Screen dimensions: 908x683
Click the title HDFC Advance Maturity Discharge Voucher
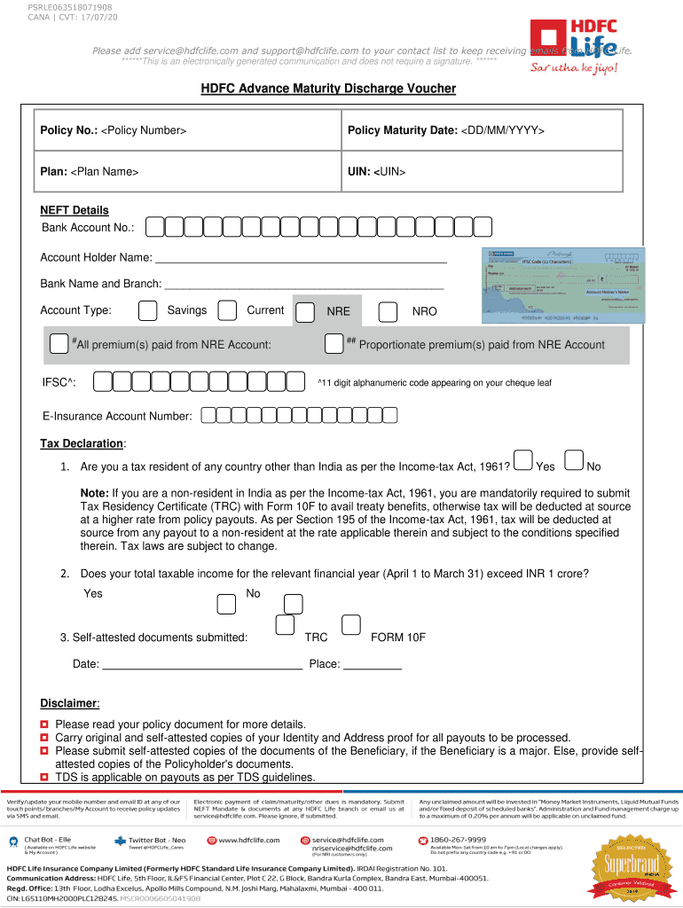pyautogui.click(x=327, y=89)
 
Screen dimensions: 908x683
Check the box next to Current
pyautogui.click(x=228, y=310)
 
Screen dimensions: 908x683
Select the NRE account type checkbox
pyautogui.click(x=305, y=312)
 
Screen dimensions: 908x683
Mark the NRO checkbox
pyautogui.click(x=388, y=312)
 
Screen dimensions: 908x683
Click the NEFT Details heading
pyautogui.click(x=75, y=210)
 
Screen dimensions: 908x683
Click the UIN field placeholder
pyautogui.click(x=389, y=170)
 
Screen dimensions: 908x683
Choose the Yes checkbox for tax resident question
pyautogui.click(x=522, y=459)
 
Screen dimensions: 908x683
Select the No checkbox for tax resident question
pyautogui.click(x=574, y=459)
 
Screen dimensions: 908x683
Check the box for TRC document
pyautogui.click(x=285, y=624)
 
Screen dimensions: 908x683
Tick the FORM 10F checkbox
pyautogui.click(x=351, y=624)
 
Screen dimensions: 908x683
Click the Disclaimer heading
pyautogui.click(x=69, y=703)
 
